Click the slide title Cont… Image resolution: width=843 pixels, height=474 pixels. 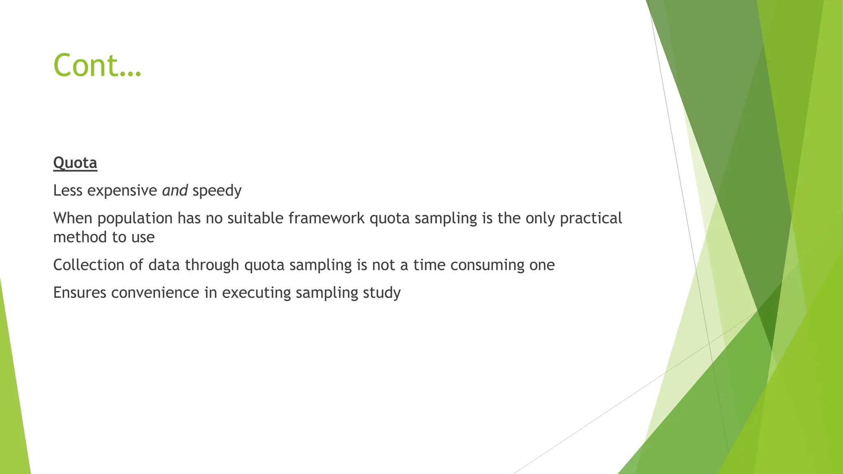click(97, 65)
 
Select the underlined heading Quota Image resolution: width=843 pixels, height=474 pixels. click(75, 163)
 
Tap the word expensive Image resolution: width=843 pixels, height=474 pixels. click(122, 191)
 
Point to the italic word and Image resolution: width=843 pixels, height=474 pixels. click(175, 191)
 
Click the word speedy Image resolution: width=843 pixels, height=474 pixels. click(217, 191)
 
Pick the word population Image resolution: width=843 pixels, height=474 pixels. click(135, 218)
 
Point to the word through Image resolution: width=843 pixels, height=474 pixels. click(212, 265)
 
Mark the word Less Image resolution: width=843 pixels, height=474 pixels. click(68, 191)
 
